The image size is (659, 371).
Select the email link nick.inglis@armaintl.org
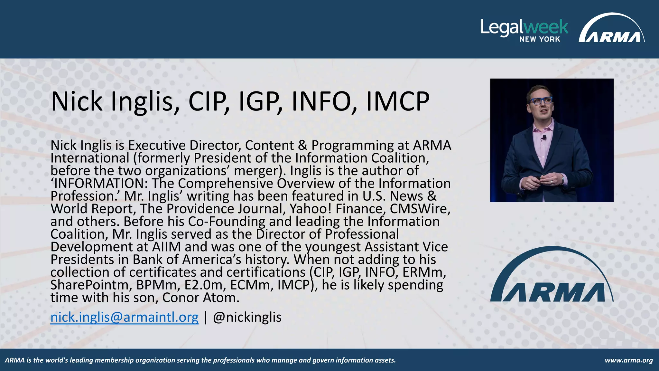point(125,317)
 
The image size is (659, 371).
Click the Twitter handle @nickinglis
point(247,317)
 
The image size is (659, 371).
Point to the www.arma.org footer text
point(629,360)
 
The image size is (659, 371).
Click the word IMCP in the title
point(398,101)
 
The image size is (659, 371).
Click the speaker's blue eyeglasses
point(541,101)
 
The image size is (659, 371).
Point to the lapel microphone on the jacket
point(544,138)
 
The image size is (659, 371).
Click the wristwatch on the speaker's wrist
point(563,179)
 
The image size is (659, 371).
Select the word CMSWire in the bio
point(420,209)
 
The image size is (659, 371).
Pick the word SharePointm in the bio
point(91,285)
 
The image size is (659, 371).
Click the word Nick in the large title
point(77,101)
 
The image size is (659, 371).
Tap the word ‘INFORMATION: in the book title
point(99,183)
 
